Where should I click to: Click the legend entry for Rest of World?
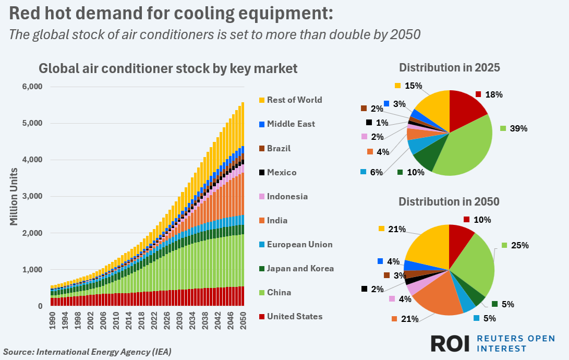[x=294, y=100]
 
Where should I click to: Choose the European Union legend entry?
[x=299, y=244]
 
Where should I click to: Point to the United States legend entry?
[x=295, y=316]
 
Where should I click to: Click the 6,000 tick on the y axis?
[x=32, y=87]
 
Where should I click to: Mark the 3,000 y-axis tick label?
[x=32, y=197]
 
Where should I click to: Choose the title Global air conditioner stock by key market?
[x=168, y=68]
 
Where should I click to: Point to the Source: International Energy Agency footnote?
[x=87, y=352]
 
